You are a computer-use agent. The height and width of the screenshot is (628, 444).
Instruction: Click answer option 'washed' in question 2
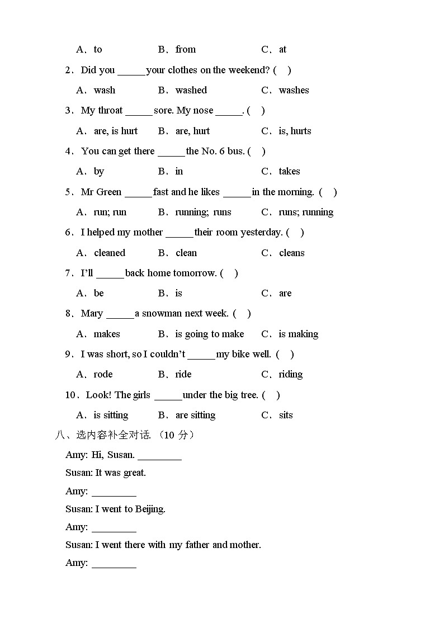click(191, 90)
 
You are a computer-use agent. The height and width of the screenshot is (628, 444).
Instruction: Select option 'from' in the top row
click(185, 49)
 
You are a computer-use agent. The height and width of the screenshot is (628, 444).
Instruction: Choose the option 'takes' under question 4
click(289, 171)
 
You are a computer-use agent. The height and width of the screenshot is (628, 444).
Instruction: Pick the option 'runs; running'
click(306, 212)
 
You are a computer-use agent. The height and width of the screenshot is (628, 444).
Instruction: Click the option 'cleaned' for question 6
click(110, 253)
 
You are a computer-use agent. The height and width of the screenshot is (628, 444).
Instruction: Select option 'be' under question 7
click(99, 293)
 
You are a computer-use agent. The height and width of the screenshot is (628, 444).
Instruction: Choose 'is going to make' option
click(210, 334)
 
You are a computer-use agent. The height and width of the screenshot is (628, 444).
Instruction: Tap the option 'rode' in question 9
click(103, 374)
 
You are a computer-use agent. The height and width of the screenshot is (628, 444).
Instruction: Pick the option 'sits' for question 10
click(286, 415)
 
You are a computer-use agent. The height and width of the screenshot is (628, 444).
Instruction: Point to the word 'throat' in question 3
click(110, 110)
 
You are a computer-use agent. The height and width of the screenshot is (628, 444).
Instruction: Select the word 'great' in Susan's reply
click(134, 473)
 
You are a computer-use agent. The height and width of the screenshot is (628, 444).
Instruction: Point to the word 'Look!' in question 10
click(99, 395)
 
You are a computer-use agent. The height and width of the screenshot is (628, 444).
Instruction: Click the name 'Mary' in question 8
click(92, 313)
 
